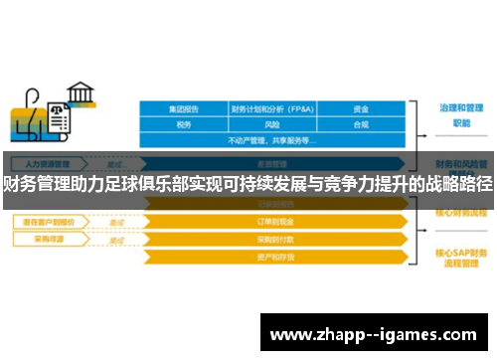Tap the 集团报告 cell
[x=184, y=109]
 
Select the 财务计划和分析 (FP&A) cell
[x=273, y=109]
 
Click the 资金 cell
[x=362, y=109]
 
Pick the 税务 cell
[x=184, y=125]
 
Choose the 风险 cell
[x=273, y=125]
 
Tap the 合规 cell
[x=362, y=125]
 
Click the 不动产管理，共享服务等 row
[x=273, y=140]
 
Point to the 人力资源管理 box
[x=49, y=162]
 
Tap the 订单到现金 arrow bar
[x=273, y=222]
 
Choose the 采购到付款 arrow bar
[x=273, y=240]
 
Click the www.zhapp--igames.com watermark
[x=374, y=332]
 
